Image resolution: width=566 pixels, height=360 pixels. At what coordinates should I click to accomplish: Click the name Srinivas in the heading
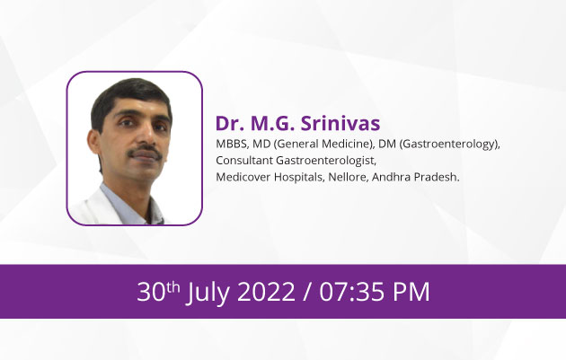click(340, 123)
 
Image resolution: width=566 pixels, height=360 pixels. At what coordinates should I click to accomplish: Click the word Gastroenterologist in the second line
click(326, 161)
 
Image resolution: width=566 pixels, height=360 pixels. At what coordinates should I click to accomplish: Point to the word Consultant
click(244, 160)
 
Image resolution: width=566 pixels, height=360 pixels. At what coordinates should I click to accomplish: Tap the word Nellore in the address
click(348, 177)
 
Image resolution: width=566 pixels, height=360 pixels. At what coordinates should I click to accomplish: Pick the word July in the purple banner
click(208, 292)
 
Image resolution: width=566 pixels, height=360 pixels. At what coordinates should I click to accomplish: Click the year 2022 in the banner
click(266, 292)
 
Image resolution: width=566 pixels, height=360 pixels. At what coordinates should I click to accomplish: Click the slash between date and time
click(307, 292)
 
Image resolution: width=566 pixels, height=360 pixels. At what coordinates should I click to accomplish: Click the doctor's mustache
click(146, 152)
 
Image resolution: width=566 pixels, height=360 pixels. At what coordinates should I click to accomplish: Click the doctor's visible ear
click(94, 142)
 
